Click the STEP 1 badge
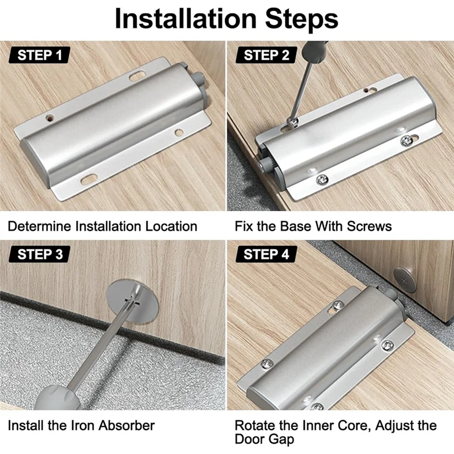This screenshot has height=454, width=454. pos(40,54)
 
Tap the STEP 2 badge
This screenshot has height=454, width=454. pos(266,54)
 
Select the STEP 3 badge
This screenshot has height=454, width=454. pos(40,254)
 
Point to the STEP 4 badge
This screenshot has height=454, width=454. pos(266,254)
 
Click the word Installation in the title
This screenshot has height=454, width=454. pos(186,19)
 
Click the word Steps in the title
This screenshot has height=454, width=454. pos(301,19)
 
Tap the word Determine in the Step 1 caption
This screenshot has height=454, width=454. pos(40,226)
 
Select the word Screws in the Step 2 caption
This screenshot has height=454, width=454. pos(369,226)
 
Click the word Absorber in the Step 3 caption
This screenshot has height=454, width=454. pos(127,426)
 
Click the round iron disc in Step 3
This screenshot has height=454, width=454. pos(133,302)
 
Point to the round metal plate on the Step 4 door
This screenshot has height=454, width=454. pos(405,279)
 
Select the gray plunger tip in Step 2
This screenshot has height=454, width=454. pos(263,165)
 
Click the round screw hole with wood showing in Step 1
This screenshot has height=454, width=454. pos(50,118)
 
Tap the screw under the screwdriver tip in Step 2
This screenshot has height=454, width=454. pos(292,122)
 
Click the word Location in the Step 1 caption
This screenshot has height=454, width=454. pos(171,226)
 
